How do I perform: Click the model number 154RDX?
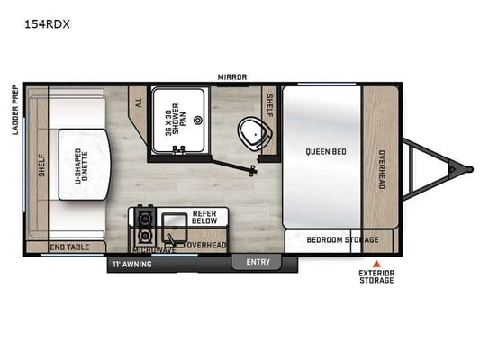click(x=47, y=24)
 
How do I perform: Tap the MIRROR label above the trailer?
click(x=232, y=77)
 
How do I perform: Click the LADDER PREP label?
click(x=15, y=110)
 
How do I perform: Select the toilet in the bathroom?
click(x=254, y=134)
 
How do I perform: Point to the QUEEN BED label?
click(x=326, y=151)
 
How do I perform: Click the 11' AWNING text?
click(x=132, y=264)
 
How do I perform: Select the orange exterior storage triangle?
click(x=376, y=264)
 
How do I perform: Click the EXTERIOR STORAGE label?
click(x=376, y=276)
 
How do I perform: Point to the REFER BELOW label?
click(x=204, y=217)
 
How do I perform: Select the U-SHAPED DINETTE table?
click(x=84, y=165)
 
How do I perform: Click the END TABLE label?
click(x=70, y=247)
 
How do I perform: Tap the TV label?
click(x=139, y=103)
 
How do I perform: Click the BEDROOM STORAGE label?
click(x=342, y=239)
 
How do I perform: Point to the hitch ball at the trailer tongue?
click(x=468, y=169)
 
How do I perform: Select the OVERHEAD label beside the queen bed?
click(x=382, y=169)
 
